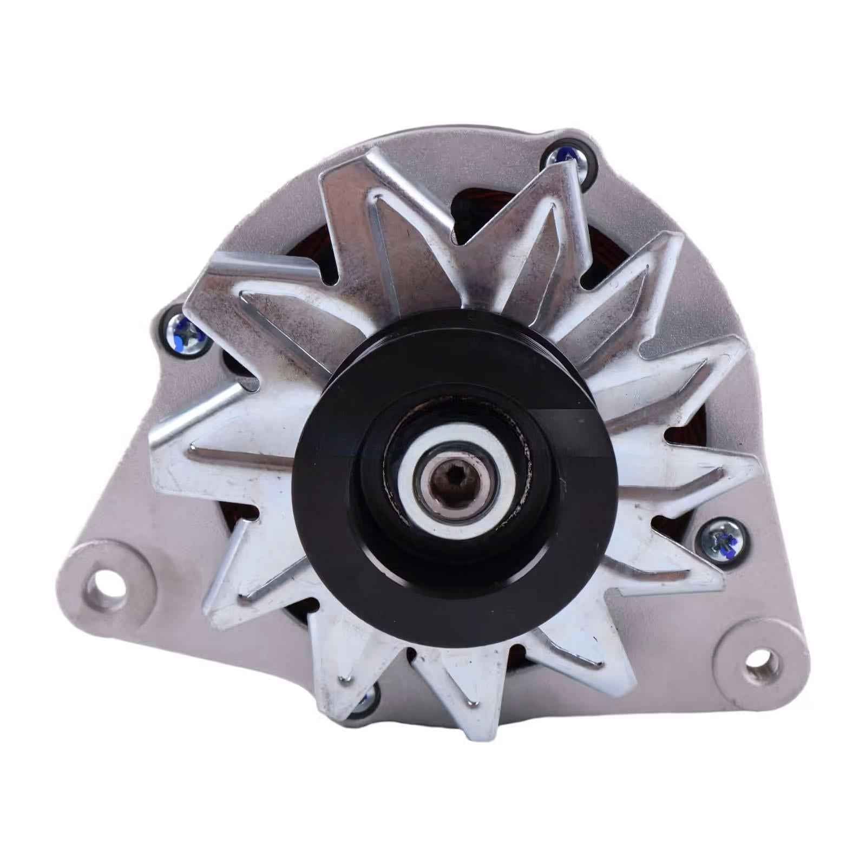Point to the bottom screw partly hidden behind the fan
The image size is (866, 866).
coord(364,702)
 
